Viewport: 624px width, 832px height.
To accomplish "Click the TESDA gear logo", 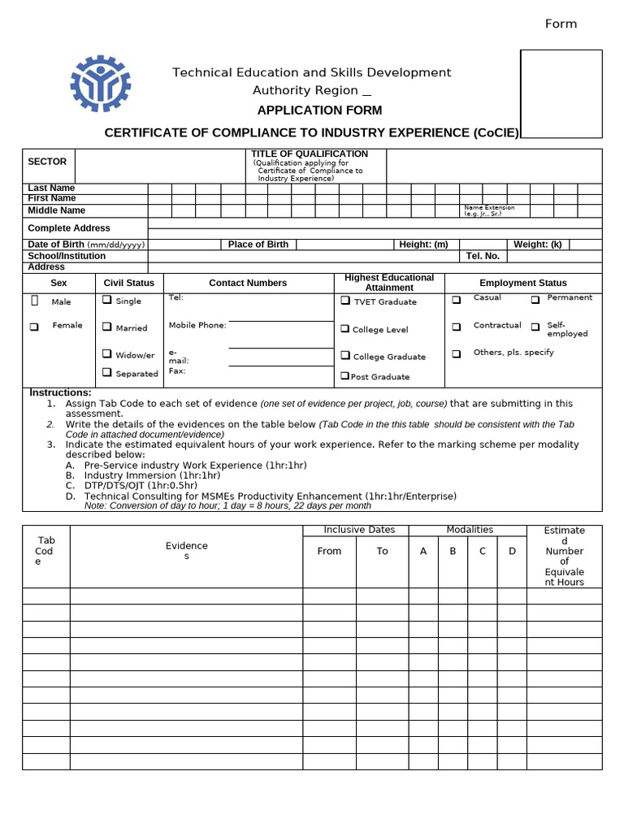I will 100,84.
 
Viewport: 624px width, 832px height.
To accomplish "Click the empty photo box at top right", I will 561,93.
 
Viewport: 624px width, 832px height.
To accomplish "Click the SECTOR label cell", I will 47,162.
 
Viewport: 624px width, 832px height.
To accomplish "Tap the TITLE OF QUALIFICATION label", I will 310,154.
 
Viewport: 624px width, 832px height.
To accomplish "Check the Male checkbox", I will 35,301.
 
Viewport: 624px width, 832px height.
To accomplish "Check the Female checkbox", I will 34,327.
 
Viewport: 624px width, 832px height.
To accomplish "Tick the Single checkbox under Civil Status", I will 107,300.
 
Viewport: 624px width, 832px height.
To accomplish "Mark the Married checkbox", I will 107,327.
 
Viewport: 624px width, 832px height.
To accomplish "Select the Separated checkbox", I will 107,372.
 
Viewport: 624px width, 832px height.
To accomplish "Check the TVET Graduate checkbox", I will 345,301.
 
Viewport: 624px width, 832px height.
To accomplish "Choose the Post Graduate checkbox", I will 345,376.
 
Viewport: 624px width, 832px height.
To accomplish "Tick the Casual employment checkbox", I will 457,299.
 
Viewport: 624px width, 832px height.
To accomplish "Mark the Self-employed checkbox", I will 535,327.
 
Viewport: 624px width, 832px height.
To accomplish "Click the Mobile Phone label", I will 197,326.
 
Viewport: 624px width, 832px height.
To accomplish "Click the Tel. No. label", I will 483,256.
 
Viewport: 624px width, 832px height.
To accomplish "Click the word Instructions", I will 60,392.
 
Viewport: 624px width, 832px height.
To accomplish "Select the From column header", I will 329,551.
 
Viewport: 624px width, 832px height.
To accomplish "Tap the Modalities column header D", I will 512,551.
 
